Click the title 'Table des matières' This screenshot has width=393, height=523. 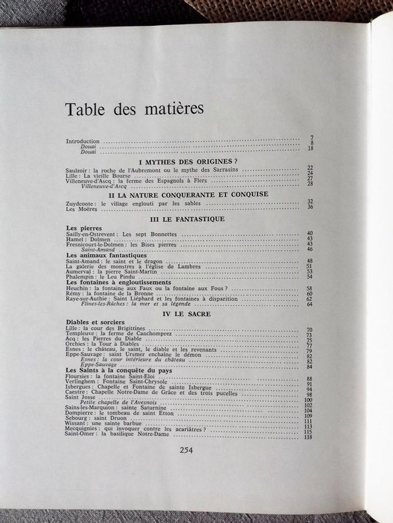point(134,109)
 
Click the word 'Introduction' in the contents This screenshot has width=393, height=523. point(83,141)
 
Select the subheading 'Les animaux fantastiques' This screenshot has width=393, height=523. point(102,255)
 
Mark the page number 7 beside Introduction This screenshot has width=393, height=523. point(310,138)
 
